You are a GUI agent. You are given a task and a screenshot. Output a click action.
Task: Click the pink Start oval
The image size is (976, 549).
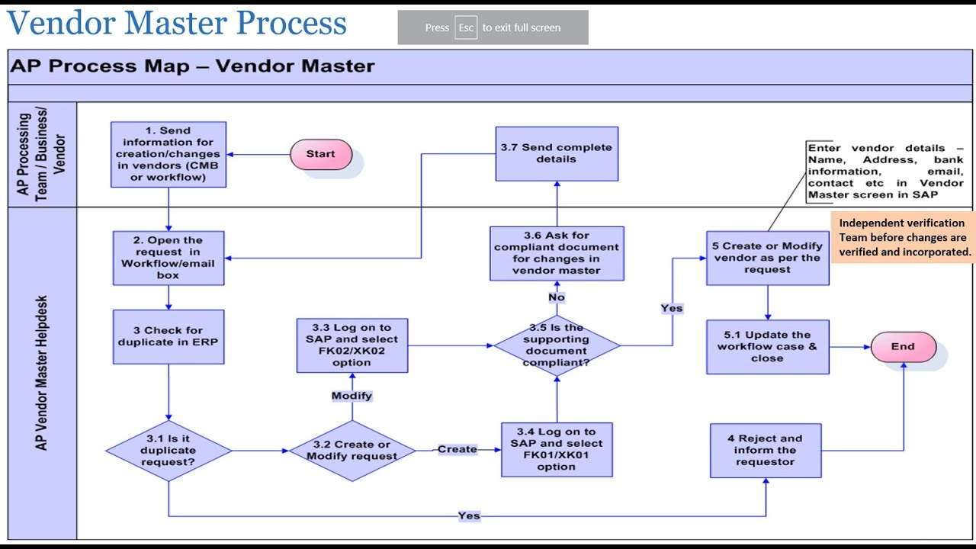click(320, 154)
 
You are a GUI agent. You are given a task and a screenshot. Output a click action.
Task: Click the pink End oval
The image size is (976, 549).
click(903, 346)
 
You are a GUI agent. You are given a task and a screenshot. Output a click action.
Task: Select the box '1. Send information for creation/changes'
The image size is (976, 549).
click(169, 154)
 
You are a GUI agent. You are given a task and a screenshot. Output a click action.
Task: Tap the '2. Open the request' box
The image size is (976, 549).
click(169, 258)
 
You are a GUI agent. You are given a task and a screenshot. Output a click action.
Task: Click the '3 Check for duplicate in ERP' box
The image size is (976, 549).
click(169, 336)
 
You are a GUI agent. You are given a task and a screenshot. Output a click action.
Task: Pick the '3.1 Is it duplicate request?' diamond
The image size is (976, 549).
click(169, 451)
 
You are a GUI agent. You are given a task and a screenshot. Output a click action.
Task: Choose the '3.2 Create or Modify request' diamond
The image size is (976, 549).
click(352, 451)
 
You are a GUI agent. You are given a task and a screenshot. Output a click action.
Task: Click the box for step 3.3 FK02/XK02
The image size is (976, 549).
click(352, 345)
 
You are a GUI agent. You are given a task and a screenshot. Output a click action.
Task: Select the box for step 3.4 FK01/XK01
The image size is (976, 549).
click(557, 450)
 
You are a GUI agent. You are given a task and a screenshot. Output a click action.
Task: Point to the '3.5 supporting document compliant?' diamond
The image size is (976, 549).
click(557, 345)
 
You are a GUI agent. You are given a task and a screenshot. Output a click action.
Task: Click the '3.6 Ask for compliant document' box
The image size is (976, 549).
click(557, 252)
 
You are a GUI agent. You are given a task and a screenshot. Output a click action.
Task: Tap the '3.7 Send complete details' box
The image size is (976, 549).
click(557, 153)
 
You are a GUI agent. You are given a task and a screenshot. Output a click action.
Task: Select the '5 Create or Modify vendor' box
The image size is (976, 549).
click(767, 258)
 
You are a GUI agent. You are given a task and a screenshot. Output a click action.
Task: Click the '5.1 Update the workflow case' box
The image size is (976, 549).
click(767, 347)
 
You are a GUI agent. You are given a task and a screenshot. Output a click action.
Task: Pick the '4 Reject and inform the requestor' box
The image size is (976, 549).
click(766, 451)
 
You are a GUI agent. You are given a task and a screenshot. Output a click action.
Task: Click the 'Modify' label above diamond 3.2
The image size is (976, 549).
click(352, 396)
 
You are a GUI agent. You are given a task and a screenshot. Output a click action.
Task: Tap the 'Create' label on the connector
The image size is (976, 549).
click(457, 449)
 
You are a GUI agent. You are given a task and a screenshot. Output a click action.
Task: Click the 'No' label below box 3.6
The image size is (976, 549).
click(557, 297)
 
